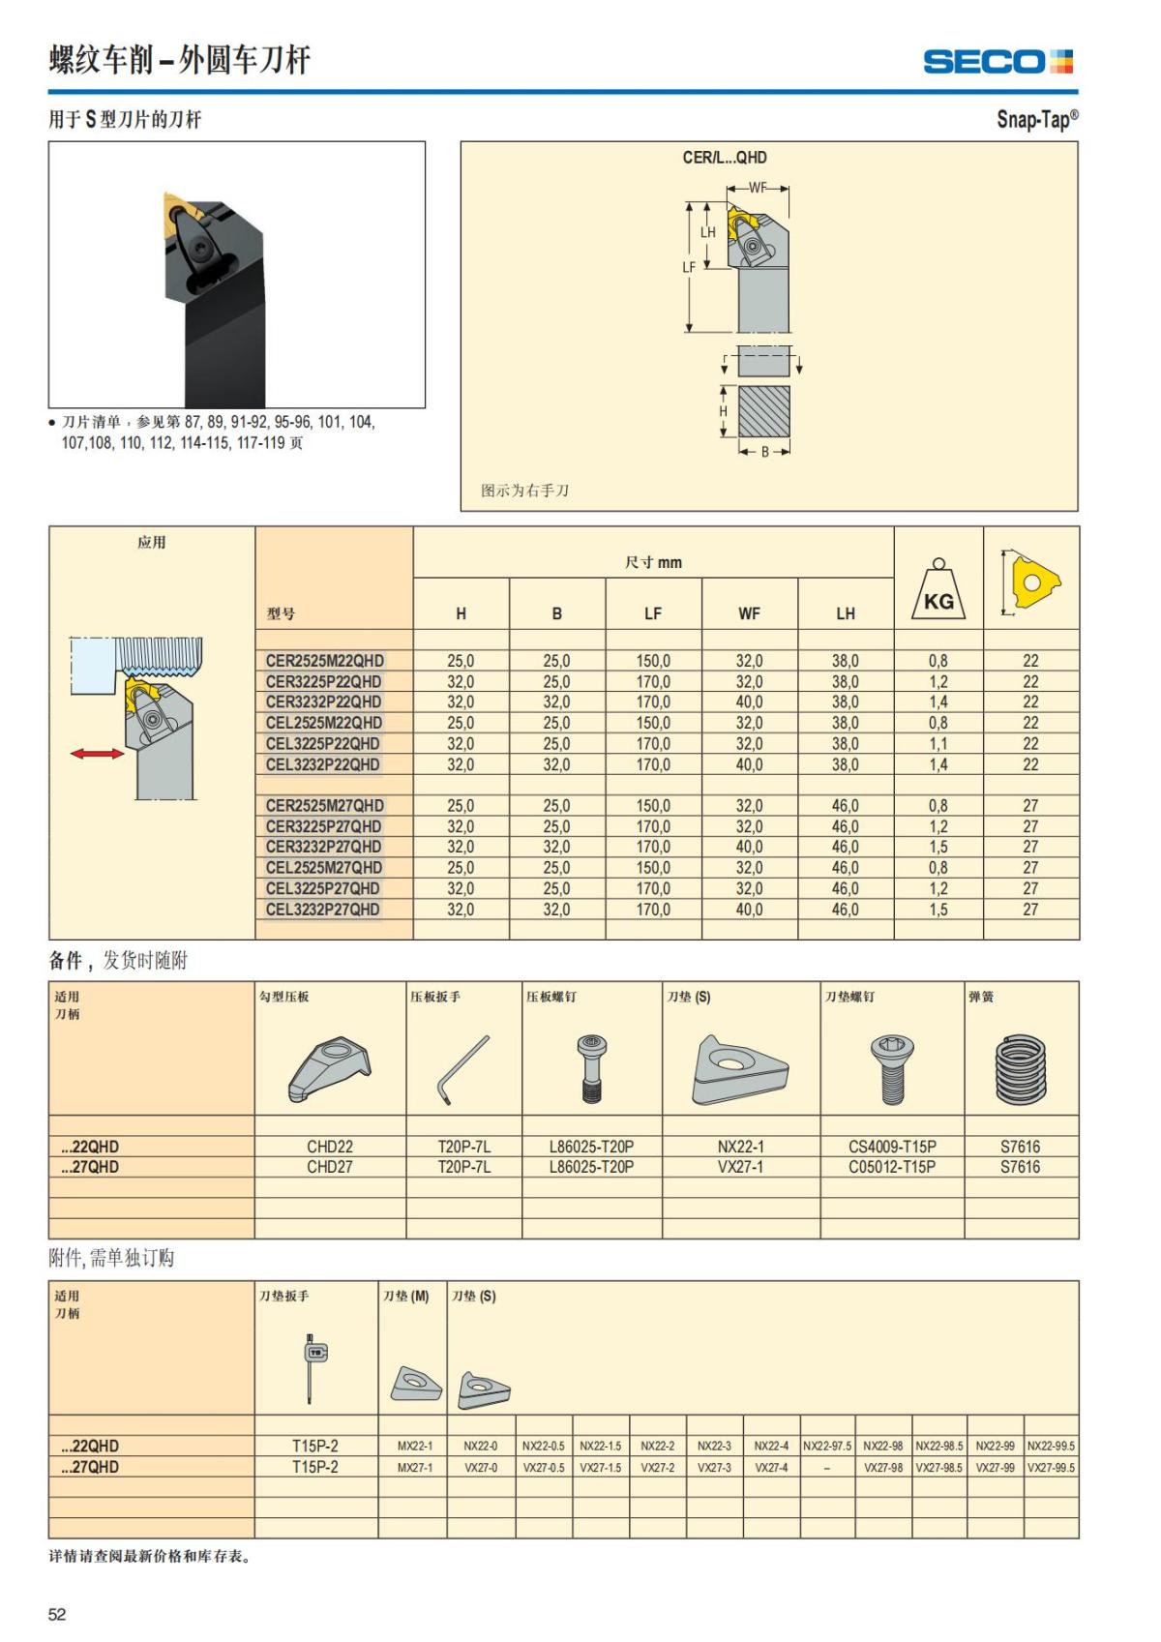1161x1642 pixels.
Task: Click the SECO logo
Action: (x=997, y=62)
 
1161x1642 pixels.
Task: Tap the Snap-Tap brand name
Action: (x=1036, y=119)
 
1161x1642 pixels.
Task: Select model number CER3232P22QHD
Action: (x=323, y=702)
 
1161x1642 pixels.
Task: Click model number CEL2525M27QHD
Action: (x=323, y=868)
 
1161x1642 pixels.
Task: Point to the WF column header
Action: (x=749, y=613)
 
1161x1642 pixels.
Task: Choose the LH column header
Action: (x=845, y=613)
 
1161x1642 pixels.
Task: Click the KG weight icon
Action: (x=938, y=591)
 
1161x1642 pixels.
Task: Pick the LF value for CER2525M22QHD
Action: (x=653, y=661)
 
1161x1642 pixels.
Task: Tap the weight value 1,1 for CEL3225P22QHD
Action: (x=938, y=744)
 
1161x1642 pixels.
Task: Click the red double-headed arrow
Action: (x=97, y=753)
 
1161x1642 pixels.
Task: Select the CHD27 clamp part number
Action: (x=329, y=1167)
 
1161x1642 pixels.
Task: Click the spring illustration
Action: (x=1021, y=1069)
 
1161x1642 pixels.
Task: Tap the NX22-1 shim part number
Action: (x=740, y=1147)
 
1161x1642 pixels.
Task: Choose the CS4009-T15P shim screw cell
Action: (x=892, y=1147)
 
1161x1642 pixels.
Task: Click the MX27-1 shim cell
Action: (x=415, y=1468)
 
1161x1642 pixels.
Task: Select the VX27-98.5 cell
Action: (x=939, y=1468)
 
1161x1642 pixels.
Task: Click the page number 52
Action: (x=57, y=1614)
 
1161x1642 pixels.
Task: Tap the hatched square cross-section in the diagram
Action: (x=763, y=412)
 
